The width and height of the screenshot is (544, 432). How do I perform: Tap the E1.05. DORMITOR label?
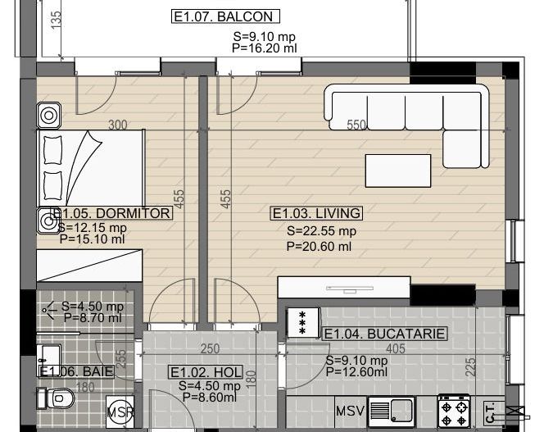(x=113, y=214)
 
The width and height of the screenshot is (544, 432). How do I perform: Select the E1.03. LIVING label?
(x=316, y=214)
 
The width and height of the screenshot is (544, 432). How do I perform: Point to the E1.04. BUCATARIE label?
(x=385, y=334)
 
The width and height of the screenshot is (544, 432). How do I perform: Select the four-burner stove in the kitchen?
(x=455, y=408)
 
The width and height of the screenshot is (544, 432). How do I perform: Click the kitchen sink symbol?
(x=392, y=409)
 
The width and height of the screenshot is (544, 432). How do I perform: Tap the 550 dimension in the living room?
(x=356, y=125)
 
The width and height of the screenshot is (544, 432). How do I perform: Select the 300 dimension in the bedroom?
(x=118, y=125)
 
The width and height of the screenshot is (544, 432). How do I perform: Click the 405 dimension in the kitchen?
(x=395, y=348)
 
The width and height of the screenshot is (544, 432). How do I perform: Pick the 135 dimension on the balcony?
(x=56, y=20)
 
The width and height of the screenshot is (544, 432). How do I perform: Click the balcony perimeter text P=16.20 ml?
(x=265, y=48)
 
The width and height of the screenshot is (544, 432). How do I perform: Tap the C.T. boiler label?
(x=489, y=409)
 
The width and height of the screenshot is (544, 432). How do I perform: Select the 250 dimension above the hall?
(x=211, y=348)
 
